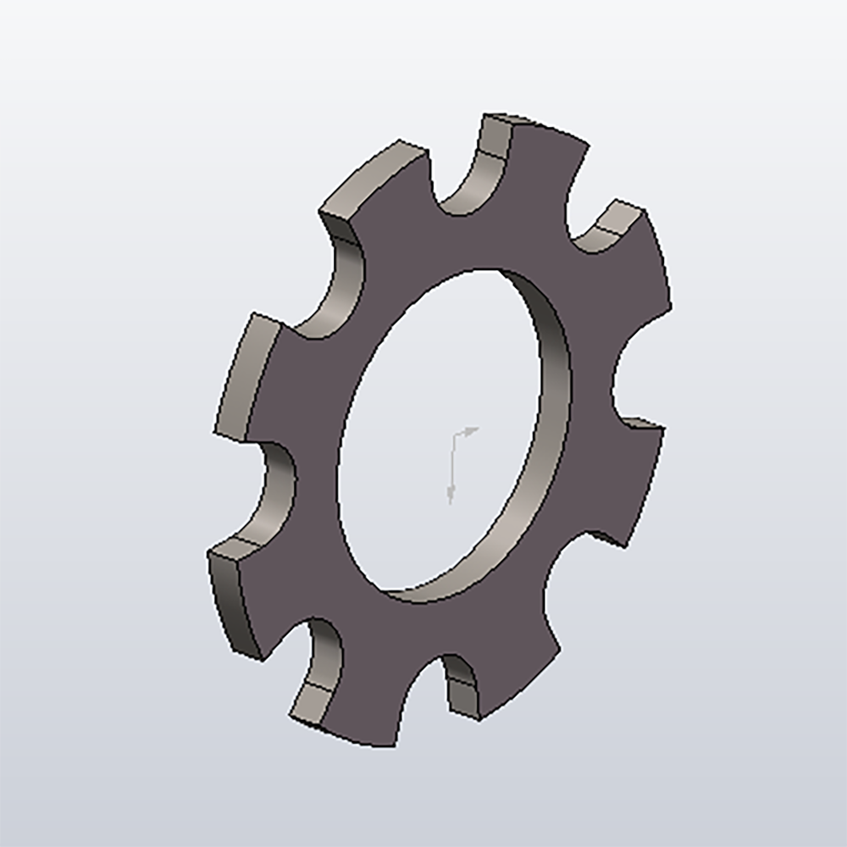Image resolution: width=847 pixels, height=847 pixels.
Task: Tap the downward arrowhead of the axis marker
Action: coord(451,496)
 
